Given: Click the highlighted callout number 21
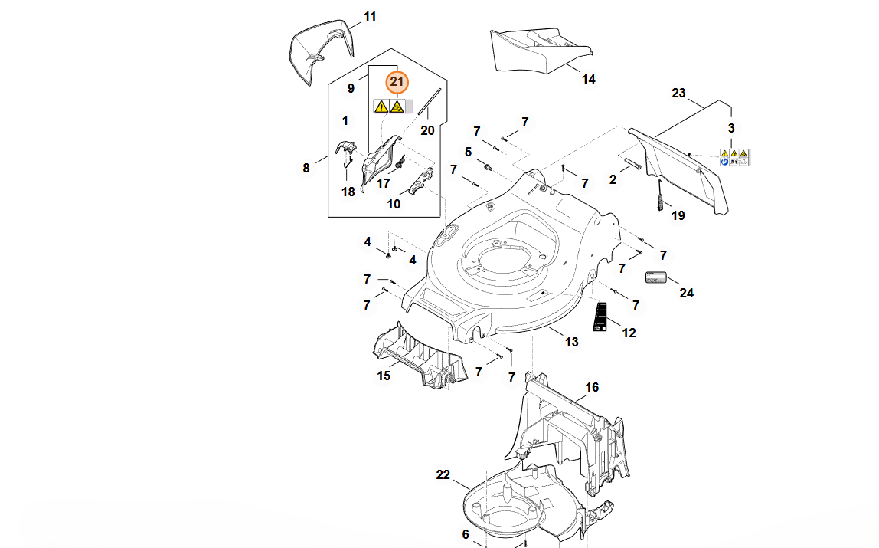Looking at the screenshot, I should click(x=397, y=81).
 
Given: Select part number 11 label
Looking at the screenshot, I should click(x=370, y=16).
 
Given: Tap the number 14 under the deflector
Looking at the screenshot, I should click(x=588, y=79).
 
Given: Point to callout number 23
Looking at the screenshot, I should click(x=678, y=93).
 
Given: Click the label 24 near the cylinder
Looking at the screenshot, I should click(x=686, y=293).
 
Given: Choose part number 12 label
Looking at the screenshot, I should click(x=629, y=333).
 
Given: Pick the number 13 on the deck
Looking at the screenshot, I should click(x=572, y=342).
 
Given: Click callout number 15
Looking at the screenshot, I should click(x=384, y=376).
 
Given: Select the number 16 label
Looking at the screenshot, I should click(x=592, y=387).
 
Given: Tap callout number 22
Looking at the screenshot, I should click(x=443, y=474).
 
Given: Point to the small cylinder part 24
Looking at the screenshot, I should click(x=656, y=277).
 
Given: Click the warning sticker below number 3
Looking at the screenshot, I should click(x=734, y=157).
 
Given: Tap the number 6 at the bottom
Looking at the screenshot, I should click(x=465, y=534).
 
